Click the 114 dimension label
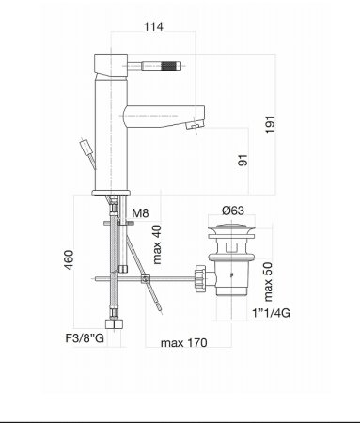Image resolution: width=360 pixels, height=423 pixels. coord(153,26)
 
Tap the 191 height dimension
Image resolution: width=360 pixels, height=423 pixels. coord(270,124)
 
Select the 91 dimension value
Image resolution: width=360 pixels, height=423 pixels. coord(243,160)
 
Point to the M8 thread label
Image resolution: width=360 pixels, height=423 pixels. coord(140,213)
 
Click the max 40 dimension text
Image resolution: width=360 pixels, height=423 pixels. coord(157,244)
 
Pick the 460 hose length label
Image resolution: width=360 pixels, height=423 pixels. coord(69,259)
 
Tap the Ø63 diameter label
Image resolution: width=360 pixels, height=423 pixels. coord(233,211)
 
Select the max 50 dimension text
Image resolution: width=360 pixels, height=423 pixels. coord(268,282)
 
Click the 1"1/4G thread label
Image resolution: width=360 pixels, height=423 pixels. coord(272,313)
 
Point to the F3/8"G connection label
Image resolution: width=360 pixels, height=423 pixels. coord(85,338)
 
